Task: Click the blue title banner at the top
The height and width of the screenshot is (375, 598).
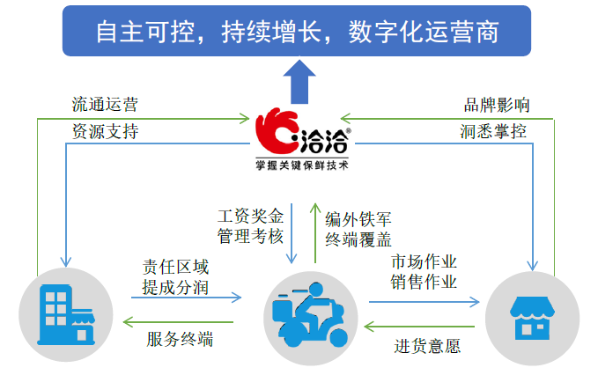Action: (298, 31)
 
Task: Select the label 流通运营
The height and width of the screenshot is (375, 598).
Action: (105, 104)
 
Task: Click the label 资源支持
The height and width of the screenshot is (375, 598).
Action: (105, 132)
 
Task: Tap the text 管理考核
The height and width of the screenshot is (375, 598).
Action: (251, 235)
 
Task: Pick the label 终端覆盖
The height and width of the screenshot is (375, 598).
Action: (358, 238)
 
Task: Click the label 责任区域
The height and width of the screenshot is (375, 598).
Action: (176, 266)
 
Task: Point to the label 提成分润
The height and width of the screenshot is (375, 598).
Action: (176, 286)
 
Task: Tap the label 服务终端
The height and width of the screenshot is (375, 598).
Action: (180, 338)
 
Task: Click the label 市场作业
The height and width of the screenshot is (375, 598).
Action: (424, 262)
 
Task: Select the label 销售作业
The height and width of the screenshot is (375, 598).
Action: (424, 282)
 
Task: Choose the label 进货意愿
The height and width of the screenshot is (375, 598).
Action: (427, 345)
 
